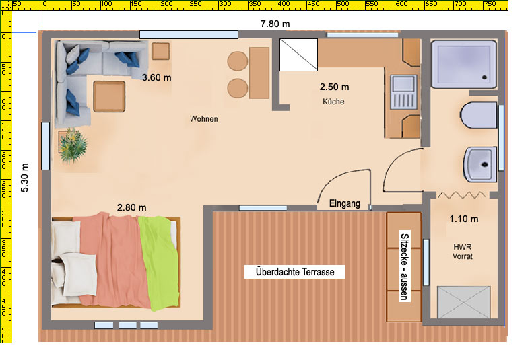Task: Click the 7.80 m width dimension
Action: pos(275,24)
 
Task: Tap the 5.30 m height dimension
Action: pos(25,178)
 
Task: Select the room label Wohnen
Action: pos(204,119)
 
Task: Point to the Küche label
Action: pos(333,102)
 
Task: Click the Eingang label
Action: pos(344,203)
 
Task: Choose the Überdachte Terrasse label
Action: pos(295,272)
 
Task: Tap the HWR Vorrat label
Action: pos(463,252)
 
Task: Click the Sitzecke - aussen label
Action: pos(405,266)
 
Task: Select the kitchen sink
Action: pos(403,92)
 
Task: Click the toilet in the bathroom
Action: pos(478,115)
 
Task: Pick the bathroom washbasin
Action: pos(480,164)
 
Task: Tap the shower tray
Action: pos(464,64)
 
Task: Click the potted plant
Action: pos(73,145)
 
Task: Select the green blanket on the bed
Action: pos(159,262)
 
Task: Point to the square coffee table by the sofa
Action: pos(109,97)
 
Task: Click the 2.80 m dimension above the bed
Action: pos(131,207)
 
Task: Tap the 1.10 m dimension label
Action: pos(464,219)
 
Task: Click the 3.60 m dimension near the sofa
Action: pos(156,77)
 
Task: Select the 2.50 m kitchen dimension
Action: pos(334,87)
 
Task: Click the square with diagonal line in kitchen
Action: pos(298,55)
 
